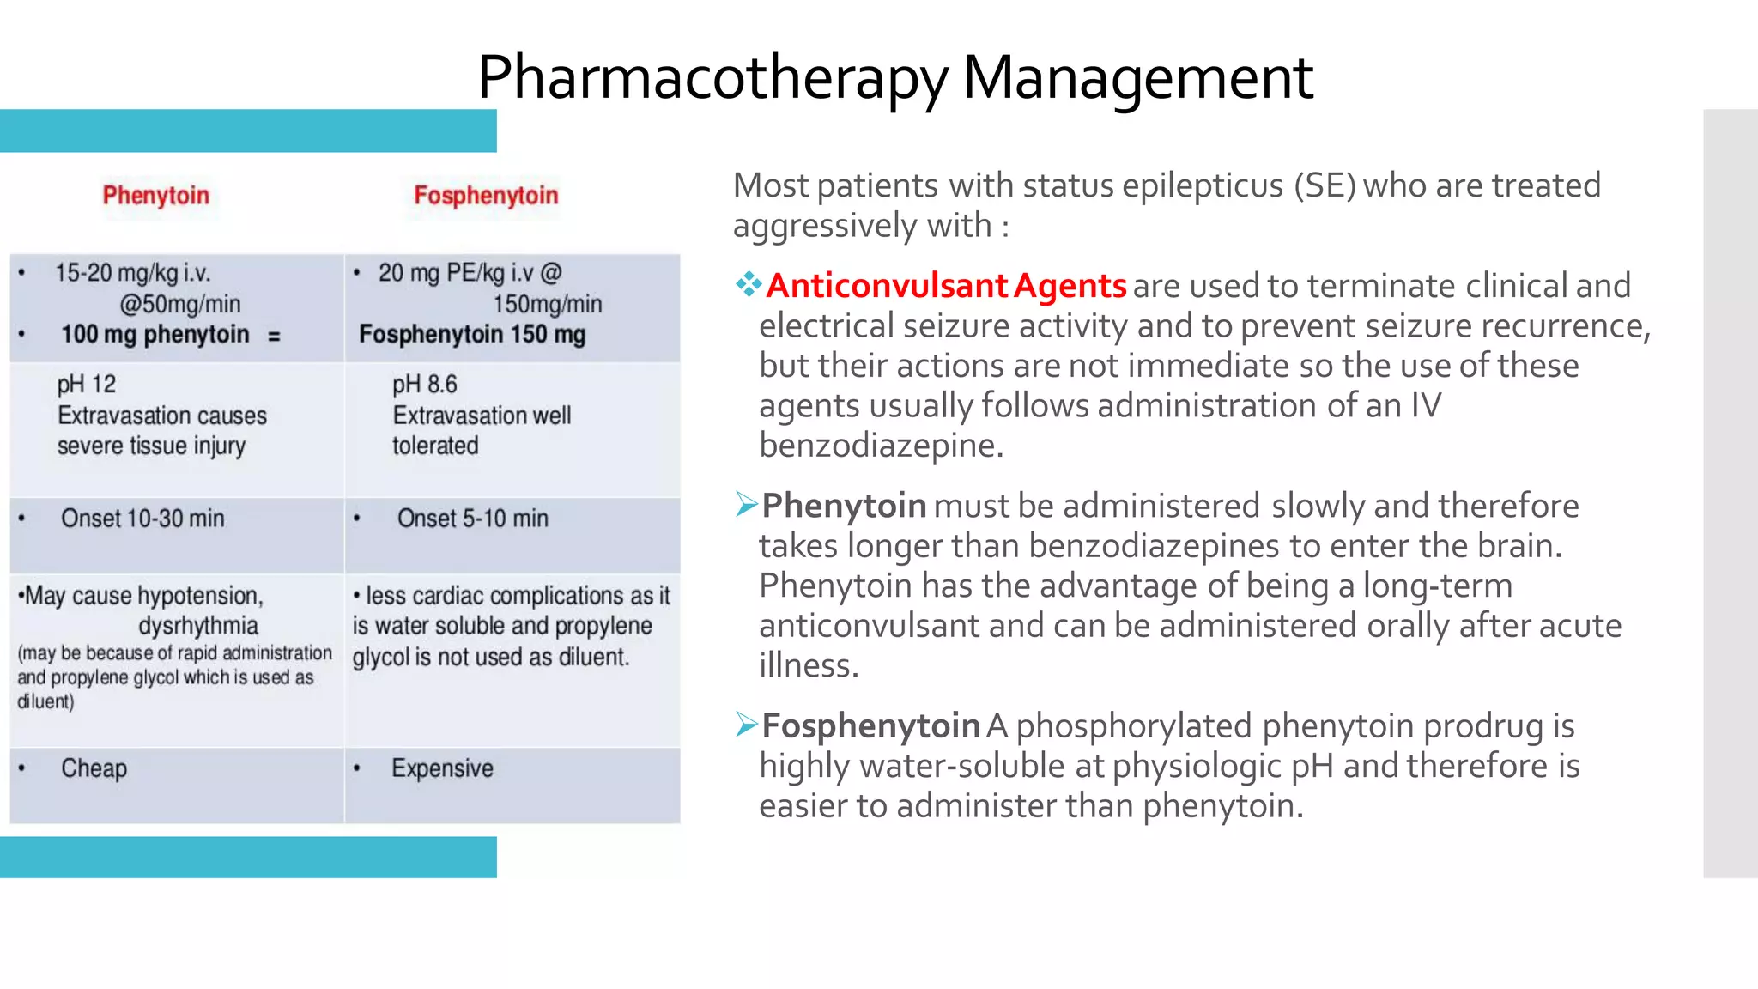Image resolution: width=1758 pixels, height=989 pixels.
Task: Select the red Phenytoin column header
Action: click(x=156, y=196)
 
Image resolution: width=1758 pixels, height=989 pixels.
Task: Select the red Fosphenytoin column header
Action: click(x=486, y=196)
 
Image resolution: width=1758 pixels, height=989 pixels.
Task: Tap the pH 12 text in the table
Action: click(x=87, y=385)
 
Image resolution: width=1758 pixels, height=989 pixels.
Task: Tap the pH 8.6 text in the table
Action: click(x=425, y=385)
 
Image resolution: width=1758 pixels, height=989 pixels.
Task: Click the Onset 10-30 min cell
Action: click(x=142, y=519)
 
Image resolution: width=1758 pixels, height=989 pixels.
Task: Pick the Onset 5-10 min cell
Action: click(x=472, y=519)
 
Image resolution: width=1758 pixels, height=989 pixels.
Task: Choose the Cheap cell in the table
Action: click(x=94, y=768)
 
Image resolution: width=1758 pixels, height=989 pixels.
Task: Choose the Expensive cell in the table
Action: click(x=442, y=768)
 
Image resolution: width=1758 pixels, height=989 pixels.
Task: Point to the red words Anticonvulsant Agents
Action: click(x=946, y=286)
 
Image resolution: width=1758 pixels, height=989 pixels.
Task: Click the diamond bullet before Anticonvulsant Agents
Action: click(x=748, y=284)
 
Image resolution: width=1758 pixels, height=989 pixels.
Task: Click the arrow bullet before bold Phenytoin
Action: click(x=746, y=505)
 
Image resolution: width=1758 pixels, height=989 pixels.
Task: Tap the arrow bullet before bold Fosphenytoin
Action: click(x=746, y=725)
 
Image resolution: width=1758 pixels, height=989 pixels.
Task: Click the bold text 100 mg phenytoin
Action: click(x=155, y=334)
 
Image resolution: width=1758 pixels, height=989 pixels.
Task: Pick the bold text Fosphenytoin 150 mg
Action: click(x=472, y=334)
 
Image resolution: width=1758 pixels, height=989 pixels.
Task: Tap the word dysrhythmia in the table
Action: click(x=198, y=625)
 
